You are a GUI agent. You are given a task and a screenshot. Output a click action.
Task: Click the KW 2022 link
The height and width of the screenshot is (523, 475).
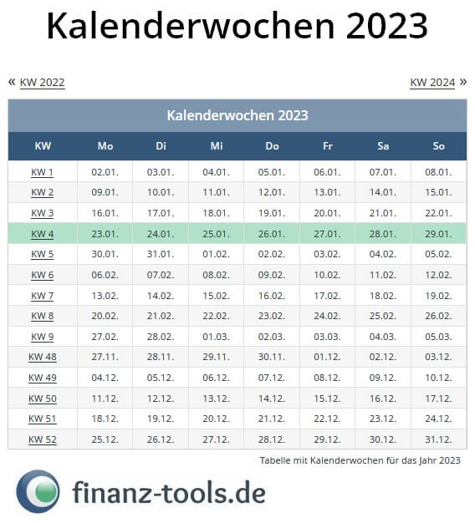point(42,83)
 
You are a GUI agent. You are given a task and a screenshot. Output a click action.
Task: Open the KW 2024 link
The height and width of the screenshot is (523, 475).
point(432,83)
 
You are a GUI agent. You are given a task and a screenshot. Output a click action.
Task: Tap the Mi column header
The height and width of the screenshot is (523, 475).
point(217,146)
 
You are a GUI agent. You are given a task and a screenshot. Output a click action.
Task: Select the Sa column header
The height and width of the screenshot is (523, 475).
point(383,146)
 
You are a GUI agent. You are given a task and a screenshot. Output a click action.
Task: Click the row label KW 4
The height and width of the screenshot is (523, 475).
point(43,234)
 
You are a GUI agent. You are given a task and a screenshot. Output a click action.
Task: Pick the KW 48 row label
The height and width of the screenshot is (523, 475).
point(43,357)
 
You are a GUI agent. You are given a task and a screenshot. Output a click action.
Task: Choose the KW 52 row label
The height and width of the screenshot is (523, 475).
point(43,439)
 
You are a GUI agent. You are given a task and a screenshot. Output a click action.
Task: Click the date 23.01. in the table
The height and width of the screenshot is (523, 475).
point(105,234)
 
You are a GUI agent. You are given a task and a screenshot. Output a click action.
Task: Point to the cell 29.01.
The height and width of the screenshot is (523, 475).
point(438,234)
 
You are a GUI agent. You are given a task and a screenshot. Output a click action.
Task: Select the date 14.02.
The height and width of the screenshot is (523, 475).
point(160,296)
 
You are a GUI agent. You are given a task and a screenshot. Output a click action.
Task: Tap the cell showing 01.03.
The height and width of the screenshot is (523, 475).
point(216,337)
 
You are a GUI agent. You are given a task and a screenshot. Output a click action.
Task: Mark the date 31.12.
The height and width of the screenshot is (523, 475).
point(438,439)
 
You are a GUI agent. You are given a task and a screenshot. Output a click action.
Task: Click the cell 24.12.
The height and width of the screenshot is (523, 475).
point(438,419)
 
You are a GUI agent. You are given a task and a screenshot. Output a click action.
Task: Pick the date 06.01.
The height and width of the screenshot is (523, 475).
point(327,173)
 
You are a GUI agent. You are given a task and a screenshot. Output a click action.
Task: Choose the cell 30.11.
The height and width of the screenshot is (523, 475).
point(272,357)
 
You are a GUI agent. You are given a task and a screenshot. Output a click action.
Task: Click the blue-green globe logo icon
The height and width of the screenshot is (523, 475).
point(38,492)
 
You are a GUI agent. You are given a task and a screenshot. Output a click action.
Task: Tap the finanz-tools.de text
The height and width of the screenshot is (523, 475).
point(168,492)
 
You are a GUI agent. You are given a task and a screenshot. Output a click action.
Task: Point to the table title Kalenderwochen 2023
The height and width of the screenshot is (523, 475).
point(238,115)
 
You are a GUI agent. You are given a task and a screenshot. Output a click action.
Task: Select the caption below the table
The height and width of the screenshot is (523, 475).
point(360,460)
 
